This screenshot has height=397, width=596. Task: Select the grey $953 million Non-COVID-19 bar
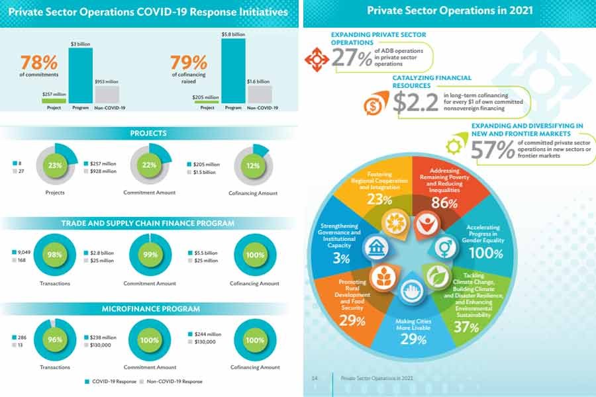(107, 93)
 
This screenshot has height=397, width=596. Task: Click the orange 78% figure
(38, 64)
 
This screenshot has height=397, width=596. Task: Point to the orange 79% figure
(189, 64)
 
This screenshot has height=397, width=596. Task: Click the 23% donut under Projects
(56, 165)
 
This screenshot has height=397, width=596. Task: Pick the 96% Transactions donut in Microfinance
(56, 340)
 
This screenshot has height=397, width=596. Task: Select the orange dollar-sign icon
(372, 105)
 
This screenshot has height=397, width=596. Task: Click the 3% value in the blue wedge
(342, 259)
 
